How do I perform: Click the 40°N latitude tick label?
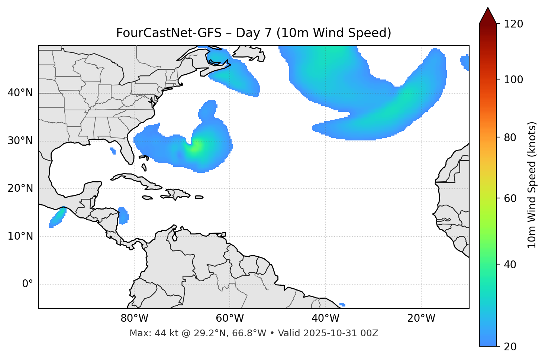click(20, 93)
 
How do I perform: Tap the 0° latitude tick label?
click(28, 284)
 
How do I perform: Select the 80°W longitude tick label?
click(134, 318)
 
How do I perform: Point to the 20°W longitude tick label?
click(421, 318)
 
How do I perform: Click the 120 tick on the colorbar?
click(513, 24)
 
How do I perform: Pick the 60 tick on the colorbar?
click(510, 198)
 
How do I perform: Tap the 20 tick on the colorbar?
click(510, 346)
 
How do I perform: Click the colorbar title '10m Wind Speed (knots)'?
click(532, 185)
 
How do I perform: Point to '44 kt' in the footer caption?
click(165, 333)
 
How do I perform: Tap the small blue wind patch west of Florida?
click(113, 150)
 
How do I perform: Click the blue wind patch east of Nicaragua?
click(123, 216)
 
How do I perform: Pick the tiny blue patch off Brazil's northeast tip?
click(342, 305)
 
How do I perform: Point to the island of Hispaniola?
click(178, 194)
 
